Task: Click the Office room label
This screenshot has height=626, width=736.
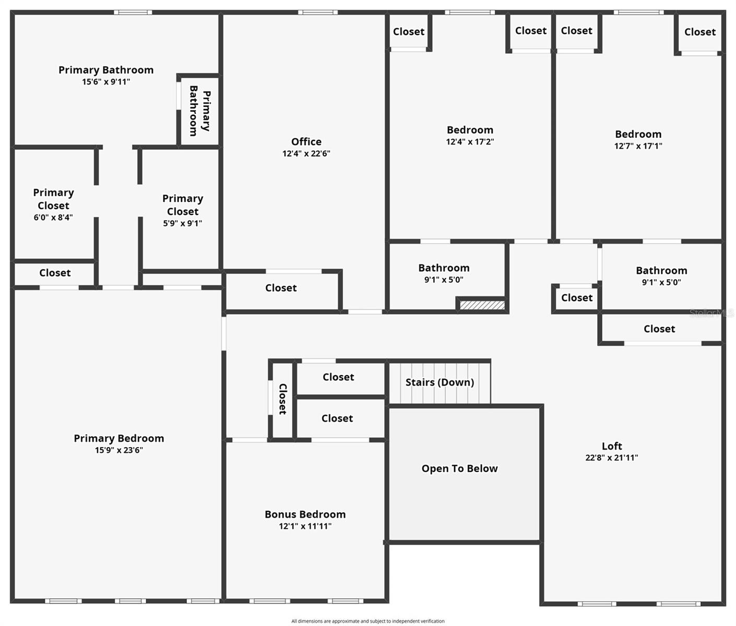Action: click(x=306, y=142)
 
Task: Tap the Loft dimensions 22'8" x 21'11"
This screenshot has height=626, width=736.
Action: click(x=611, y=458)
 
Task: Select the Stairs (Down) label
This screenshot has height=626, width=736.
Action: click(x=440, y=382)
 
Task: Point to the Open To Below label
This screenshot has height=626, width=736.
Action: click(x=459, y=468)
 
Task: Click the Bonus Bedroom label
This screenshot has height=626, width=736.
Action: click(x=305, y=514)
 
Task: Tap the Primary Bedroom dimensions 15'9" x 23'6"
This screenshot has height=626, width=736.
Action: click(x=118, y=450)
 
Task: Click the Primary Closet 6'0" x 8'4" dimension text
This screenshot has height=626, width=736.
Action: click(x=53, y=218)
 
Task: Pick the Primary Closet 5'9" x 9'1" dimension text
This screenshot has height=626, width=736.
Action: click(x=182, y=223)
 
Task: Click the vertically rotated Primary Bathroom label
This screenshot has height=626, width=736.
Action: click(x=199, y=111)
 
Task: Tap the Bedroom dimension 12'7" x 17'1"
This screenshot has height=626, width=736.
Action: click(x=638, y=146)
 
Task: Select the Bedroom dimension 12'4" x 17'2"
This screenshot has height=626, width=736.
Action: click(x=470, y=142)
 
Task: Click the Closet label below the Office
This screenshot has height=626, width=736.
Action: click(x=281, y=288)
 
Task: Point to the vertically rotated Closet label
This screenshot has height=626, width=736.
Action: click(x=282, y=399)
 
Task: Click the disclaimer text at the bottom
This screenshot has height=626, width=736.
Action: click(x=367, y=621)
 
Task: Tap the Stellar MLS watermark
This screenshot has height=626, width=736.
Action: click(x=711, y=313)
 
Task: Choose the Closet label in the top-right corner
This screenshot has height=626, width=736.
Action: click(x=699, y=32)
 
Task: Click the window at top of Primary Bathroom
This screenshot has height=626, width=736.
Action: click(x=133, y=13)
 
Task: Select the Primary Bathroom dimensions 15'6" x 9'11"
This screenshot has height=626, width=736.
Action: click(x=106, y=82)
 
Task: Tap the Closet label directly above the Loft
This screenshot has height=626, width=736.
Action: click(x=659, y=329)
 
